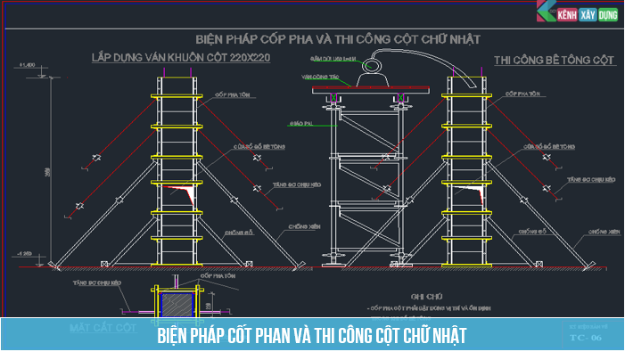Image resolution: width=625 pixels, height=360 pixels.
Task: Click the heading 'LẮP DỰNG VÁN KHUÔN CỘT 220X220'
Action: [x=181, y=58]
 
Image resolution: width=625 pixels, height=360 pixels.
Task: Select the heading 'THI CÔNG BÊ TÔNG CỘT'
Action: [x=554, y=60]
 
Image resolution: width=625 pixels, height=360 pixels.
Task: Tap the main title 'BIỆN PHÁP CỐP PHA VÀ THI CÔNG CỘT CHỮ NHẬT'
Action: [x=338, y=39]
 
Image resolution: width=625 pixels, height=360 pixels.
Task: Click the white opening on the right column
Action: [x=468, y=193]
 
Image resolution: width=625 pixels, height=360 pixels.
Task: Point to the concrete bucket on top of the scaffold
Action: [x=373, y=79]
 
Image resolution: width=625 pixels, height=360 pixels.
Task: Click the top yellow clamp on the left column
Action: [x=177, y=96]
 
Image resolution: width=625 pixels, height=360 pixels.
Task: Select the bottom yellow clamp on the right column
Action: [x=467, y=238]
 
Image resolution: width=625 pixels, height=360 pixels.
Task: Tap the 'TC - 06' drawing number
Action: [x=586, y=338]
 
